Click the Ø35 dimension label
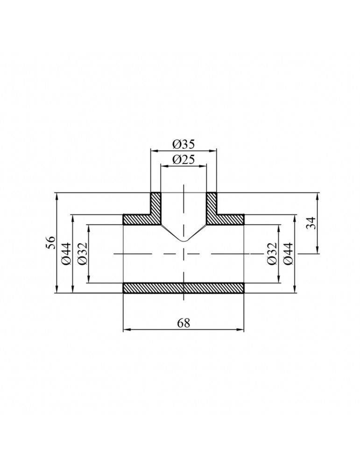point(184,144)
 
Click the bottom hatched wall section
point(184,288)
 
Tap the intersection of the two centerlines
point(184,254)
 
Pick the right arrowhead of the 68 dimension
point(242,330)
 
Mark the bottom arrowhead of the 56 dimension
point(56,290)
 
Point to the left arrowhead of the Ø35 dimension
point(153,150)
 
